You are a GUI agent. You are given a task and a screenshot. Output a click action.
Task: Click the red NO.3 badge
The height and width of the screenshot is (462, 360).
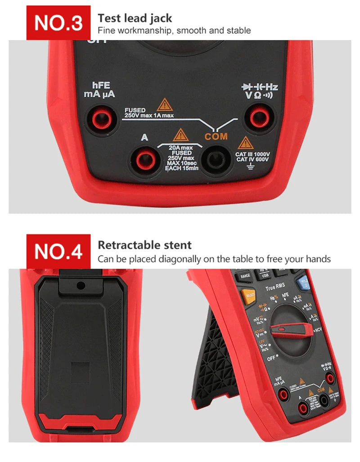click(x=58, y=23)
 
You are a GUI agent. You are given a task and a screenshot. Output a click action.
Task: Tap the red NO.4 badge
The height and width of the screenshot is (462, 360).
click(x=58, y=252)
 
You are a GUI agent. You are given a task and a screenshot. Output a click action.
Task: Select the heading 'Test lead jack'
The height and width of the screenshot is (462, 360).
click(x=135, y=18)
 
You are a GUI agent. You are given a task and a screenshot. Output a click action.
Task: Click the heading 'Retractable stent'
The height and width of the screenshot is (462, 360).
click(x=144, y=245)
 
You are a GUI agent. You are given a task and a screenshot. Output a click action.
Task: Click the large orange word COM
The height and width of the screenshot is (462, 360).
click(x=216, y=136)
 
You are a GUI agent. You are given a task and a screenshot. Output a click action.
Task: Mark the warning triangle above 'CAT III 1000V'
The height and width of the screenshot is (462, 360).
click(x=245, y=143)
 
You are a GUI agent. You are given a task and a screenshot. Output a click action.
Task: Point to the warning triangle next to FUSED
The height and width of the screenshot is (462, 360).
click(x=164, y=105)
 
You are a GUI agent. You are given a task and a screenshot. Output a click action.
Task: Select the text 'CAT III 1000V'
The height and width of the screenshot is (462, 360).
click(x=252, y=154)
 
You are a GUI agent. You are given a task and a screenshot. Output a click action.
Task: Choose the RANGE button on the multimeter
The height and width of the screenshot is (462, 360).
click(x=245, y=276)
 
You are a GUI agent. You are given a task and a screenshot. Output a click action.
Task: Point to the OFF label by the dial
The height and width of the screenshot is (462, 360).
click(x=271, y=359)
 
